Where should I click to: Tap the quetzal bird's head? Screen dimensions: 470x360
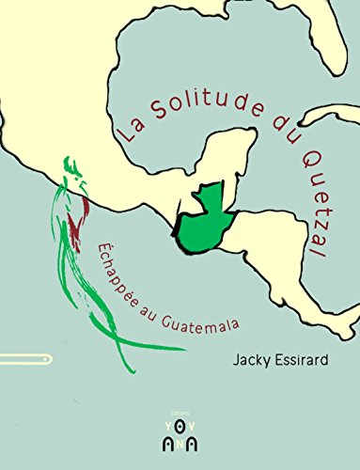coord(72,172)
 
